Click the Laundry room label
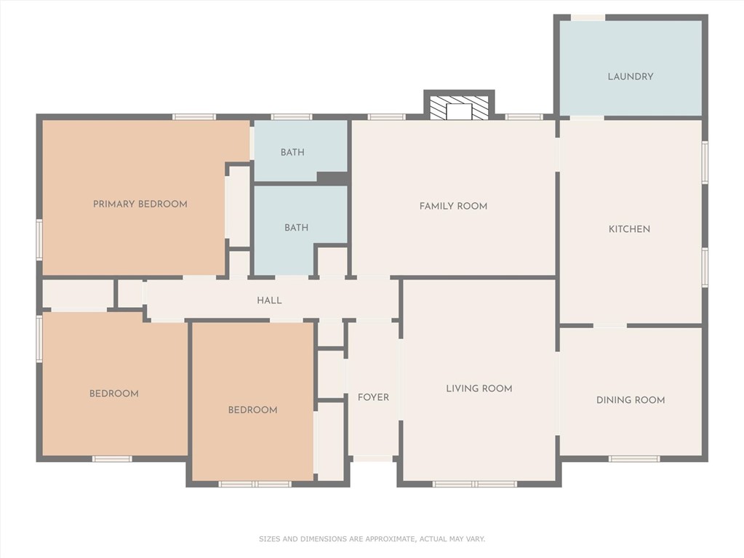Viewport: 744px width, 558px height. pos(630,76)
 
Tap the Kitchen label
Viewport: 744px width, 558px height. pos(629,229)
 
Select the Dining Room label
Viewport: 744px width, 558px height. pos(630,400)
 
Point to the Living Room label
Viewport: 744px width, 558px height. pos(479,388)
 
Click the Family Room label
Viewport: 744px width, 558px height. pos(453,206)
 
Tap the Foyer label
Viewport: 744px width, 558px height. pos(373,397)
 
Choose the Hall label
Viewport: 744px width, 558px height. pos(269,300)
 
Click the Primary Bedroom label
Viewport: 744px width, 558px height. pos(140,204)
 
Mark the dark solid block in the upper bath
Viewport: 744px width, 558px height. pos(332,178)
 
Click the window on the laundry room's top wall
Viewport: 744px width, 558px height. pos(588,17)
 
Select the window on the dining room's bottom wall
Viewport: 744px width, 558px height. pos(634,459)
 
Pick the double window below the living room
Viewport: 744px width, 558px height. pos(474,484)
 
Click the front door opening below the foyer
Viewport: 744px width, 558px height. pos(373,459)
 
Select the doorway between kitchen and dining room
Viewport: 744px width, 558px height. pos(609,325)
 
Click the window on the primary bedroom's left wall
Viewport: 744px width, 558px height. pos(39,239)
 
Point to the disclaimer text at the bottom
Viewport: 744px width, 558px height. pos(372,539)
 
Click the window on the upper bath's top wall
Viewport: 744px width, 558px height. pos(292,116)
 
